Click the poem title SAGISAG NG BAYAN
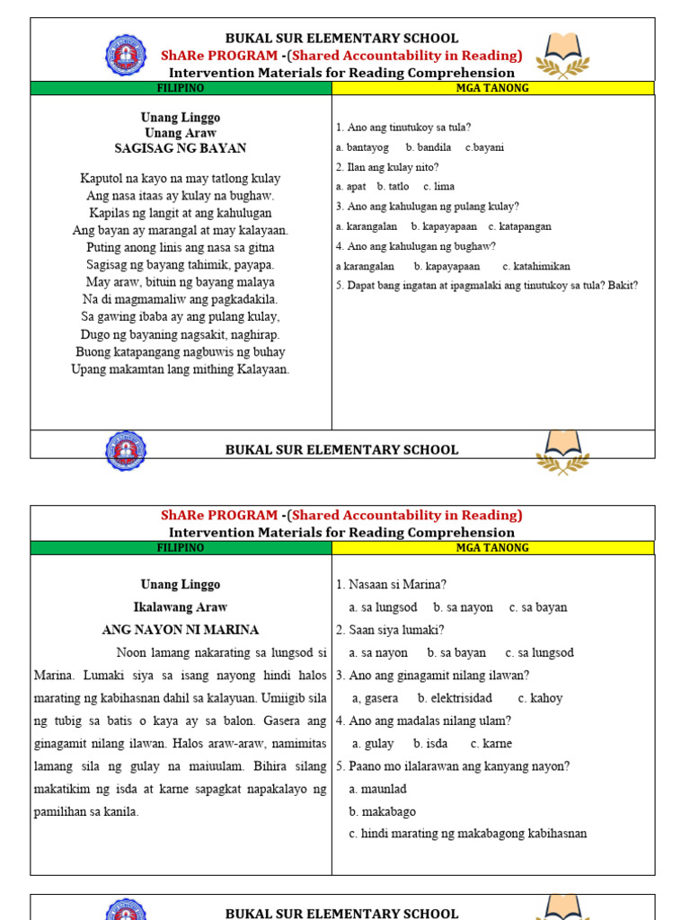181,148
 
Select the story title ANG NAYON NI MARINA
181,630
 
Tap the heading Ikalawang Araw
181,607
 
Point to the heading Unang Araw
181,133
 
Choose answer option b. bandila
429,147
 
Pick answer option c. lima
439,187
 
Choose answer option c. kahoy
540,698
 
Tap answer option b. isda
430,744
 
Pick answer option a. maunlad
377,789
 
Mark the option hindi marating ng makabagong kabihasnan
468,834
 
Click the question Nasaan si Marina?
391,585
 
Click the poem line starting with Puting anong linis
181,248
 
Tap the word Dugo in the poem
94,334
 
